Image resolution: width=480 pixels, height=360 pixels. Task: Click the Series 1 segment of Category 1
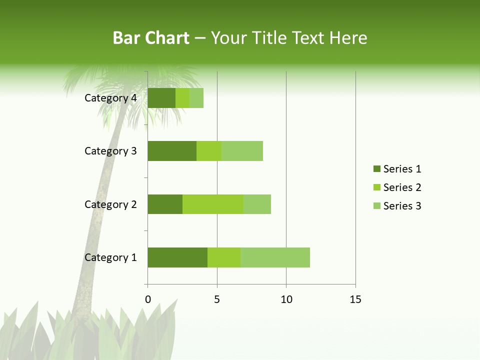tap(177, 257)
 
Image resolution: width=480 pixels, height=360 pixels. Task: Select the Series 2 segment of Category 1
tap(224, 257)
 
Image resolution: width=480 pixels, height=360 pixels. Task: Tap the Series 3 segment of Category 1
tap(275, 257)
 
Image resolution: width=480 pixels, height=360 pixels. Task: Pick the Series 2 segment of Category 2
tap(213, 204)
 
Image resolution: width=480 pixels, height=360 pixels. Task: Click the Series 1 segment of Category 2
tap(165, 204)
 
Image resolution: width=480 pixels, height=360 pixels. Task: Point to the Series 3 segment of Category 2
tap(257, 204)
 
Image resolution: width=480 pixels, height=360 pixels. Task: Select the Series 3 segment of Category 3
tap(242, 151)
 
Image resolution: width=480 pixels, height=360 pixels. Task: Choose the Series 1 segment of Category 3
tap(172, 151)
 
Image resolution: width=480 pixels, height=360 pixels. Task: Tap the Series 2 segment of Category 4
tap(182, 98)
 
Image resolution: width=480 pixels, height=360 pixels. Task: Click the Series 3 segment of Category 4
tap(196, 98)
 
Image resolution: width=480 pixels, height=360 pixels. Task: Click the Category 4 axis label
tap(110, 98)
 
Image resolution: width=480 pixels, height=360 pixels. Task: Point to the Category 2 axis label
tap(110, 204)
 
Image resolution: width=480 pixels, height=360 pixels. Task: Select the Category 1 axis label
tap(110, 257)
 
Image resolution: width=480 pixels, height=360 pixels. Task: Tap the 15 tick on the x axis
tap(355, 299)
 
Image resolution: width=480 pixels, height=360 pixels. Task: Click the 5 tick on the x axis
tap(217, 299)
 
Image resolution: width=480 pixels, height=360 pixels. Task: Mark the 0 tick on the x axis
tap(147, 299)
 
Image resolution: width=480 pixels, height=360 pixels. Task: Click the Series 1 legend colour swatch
tap(376, 169)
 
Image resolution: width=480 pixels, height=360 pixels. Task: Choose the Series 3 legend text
tap(402, 206)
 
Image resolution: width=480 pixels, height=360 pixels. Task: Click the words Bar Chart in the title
tap(151, 38)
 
